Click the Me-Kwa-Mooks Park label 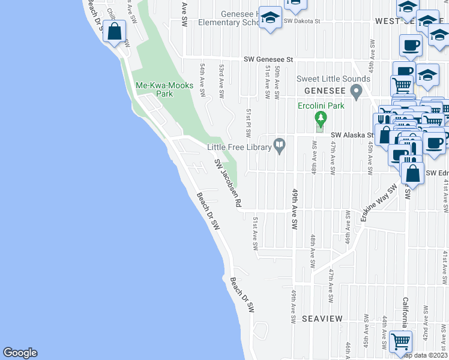pyautogui.click(x=164, y=89)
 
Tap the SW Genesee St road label pyautogui.click(x=268, y=59)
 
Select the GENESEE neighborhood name pyautogui.click(x=323, y=89)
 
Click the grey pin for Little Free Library pyautogui.click(x=279, y=145)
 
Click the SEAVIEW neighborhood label pyautogui.click(x=322, y=318)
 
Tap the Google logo pyautogui.click(x=20, y=353)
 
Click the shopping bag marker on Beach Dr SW pyautogui.click(x=114, y=32)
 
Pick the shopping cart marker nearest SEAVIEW pyautogui.click(x=400, y=341)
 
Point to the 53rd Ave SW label pyautogui.click(x=221, y=78)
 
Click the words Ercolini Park pyautogui.click(x=321, y=106)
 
